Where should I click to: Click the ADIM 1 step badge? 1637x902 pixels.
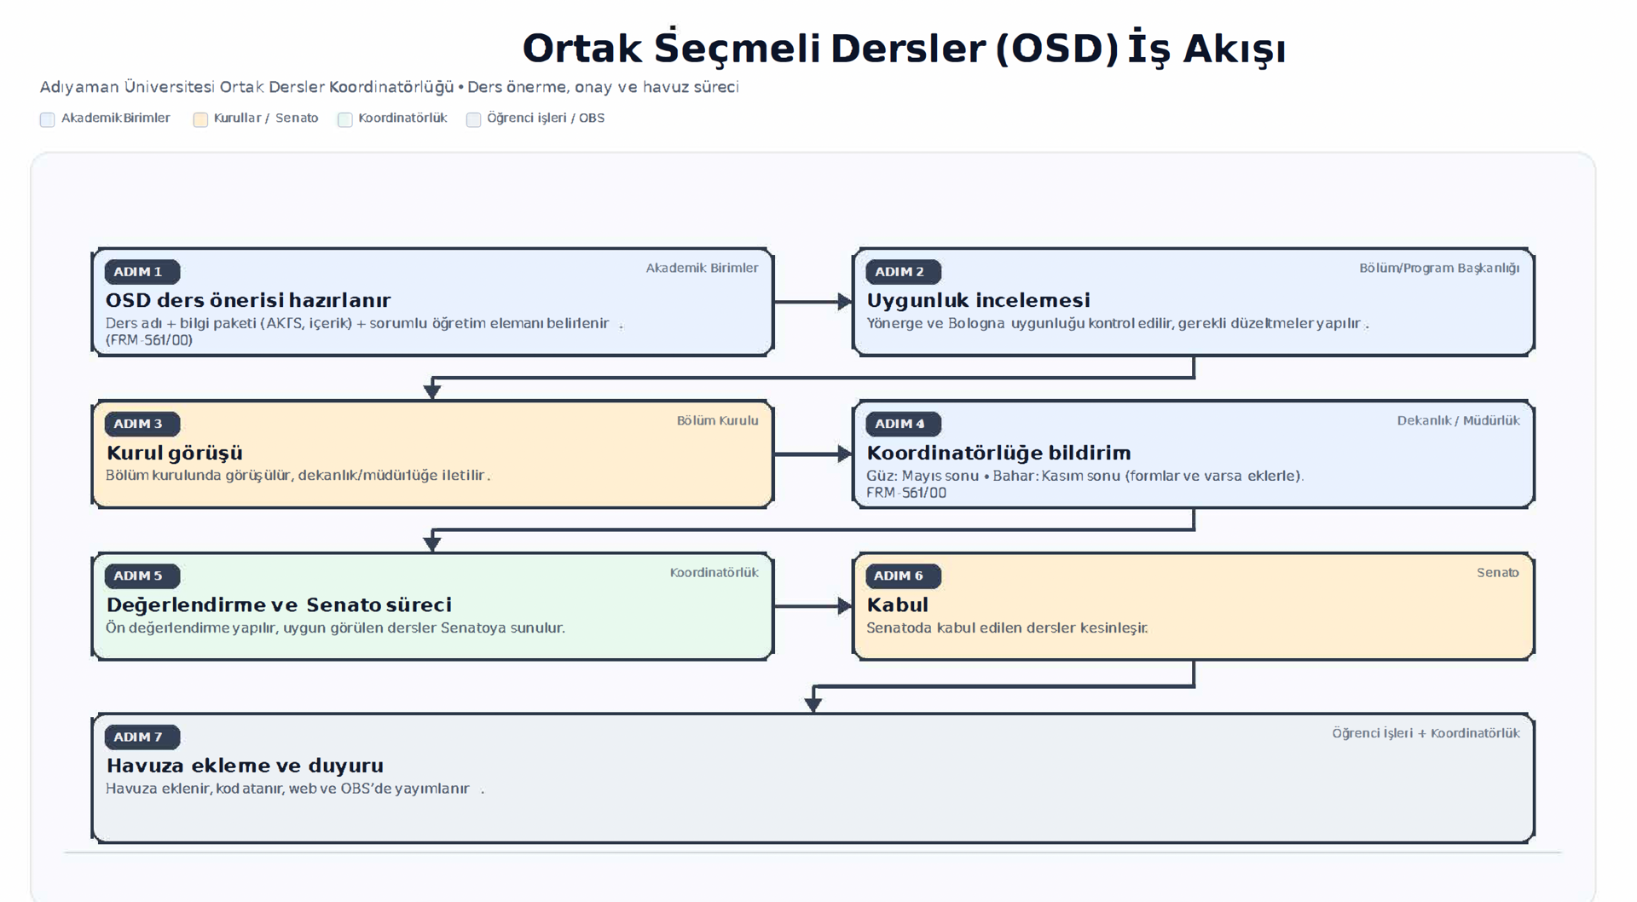[142, 272]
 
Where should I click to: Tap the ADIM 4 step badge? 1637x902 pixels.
[902, 424]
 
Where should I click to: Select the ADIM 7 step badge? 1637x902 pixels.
[142, 737]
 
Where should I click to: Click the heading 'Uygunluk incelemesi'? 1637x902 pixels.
[978, 300]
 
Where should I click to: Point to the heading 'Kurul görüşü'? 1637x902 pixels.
[174, 453]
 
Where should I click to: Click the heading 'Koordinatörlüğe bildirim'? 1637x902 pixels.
[998, 453]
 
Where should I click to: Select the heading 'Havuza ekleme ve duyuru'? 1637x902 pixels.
[245, 766]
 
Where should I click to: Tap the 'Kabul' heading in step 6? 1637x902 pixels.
[897, 604]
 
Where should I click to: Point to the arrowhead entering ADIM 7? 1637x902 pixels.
[813, 703]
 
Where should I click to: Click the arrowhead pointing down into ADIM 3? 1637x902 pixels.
[432, 390]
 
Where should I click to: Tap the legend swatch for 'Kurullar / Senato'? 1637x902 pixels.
[200, 119]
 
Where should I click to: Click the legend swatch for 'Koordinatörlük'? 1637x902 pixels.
[345, 119]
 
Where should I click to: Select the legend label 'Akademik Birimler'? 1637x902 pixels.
[115, 118]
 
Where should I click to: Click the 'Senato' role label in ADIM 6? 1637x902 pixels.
[1497, 573]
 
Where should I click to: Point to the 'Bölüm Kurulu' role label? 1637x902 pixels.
[717, 420]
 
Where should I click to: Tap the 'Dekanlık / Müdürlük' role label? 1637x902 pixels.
[1458, 420]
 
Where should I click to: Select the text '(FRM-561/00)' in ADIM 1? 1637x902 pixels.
[149, 340]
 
